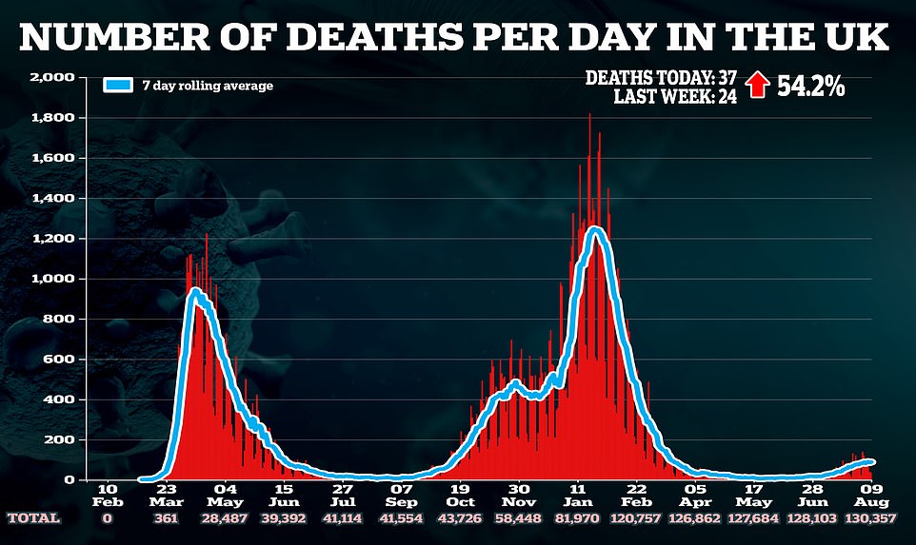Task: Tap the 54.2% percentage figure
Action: (x=811, y=86)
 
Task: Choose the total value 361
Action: (x=167, y=518)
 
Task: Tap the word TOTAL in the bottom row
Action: (x=34, y=518)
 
